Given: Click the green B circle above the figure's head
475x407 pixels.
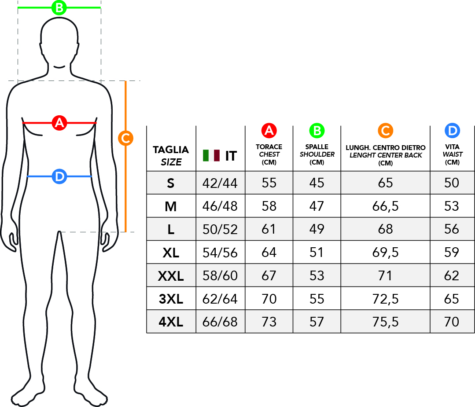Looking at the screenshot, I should (59, 7).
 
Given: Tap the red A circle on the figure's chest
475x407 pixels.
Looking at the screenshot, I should (59, 123).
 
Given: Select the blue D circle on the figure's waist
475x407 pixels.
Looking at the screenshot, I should (59, 176).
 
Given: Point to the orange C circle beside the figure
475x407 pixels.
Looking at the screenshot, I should (125, 138).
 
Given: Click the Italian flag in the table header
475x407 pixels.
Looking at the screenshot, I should (211, 155).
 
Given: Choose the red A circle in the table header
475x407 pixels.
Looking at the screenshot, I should (269, 130).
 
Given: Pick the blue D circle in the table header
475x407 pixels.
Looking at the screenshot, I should (452, 130).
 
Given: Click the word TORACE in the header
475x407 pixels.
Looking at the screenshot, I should (269, 147).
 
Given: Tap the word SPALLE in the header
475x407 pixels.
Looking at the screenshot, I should (317, 147).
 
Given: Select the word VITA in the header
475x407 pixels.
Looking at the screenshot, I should (452, 147).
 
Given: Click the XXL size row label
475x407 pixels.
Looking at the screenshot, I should (171, 276).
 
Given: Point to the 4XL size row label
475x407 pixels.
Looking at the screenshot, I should (171, 322).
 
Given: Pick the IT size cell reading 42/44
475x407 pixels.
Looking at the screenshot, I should (220, 183).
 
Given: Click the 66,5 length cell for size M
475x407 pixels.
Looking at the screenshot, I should (385, 206).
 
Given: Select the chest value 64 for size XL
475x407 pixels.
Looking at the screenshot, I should (269, 253).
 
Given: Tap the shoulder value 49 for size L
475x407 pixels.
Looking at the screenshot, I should (317, 229).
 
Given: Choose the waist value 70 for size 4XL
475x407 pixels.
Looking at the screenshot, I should (452, 322).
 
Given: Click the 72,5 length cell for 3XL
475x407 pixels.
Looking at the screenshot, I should (385, 299).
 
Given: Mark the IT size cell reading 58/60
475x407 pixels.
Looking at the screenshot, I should (220, 276).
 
